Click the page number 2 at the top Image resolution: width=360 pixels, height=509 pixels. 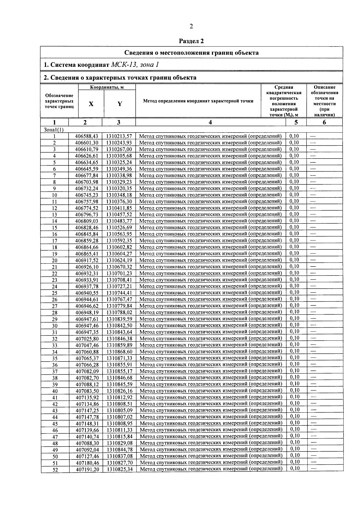[191, 26]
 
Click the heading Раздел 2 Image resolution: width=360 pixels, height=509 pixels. [191, 41]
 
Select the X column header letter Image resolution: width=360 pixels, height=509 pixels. [91, 104]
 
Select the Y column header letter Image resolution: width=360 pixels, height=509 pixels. [120, 104]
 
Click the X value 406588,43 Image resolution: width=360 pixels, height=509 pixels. [87, 136]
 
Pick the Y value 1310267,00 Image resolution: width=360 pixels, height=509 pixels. [119, 149]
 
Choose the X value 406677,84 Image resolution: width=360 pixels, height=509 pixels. [87, 175]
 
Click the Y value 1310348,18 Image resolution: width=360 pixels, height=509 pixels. [119, 195]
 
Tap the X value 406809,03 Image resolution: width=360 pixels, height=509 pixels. [87, 221]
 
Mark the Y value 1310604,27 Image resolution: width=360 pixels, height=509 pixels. [119, 254]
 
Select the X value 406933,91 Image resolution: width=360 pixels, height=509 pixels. [87, 280]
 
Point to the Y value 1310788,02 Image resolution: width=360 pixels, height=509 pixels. [119, 312]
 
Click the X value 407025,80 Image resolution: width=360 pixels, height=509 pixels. [87, 338]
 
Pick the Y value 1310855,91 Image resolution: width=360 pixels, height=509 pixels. [119, 365]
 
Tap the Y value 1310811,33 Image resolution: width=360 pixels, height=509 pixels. [119, 430]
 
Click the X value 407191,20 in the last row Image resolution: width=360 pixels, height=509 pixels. [87, 469]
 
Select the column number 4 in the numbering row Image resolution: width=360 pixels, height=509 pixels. [210, 122]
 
